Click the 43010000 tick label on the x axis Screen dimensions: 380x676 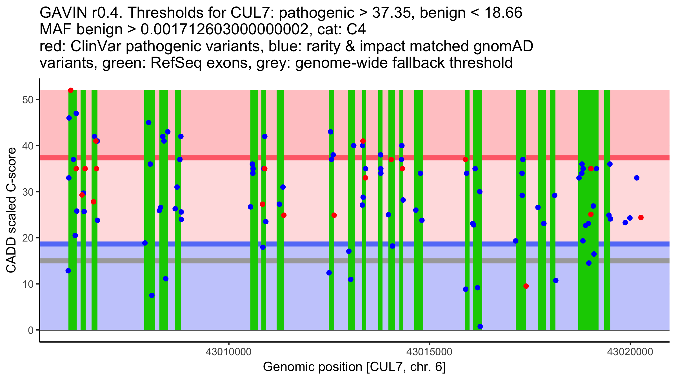pyautogui.click(x=229, y=352)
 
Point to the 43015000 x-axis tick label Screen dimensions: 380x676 pyautogui.click(x=429, y=352)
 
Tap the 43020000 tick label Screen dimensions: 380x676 pyautogui.click(x=630, y=352)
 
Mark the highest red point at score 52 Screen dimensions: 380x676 pyautogui.click(x=71, y=90)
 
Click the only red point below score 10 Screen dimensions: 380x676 pyautogui.click(x=526, y=286)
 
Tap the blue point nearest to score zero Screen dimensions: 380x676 pyautogui.click(x=480, y=327)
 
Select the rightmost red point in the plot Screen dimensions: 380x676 pyautogui.click(x=641, y=218)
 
